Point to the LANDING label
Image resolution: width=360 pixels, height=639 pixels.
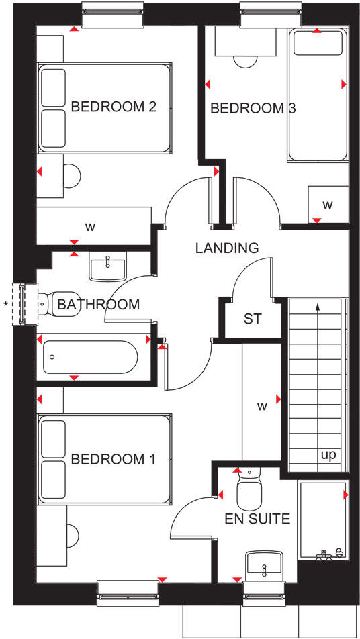(226, 248)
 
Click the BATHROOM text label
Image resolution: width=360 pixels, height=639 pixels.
(98, 304)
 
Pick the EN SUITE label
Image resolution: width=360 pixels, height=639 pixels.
(258, 518)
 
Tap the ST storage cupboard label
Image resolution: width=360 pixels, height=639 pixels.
(252, 319)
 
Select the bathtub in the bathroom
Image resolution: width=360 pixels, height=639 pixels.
(90, 357)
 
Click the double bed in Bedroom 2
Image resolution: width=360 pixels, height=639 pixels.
(104, 107)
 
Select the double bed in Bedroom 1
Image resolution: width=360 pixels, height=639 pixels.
(104, 459)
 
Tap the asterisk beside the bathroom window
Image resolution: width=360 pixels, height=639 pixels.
(6, 305)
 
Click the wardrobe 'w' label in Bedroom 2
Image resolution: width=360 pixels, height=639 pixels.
(90, 226)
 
